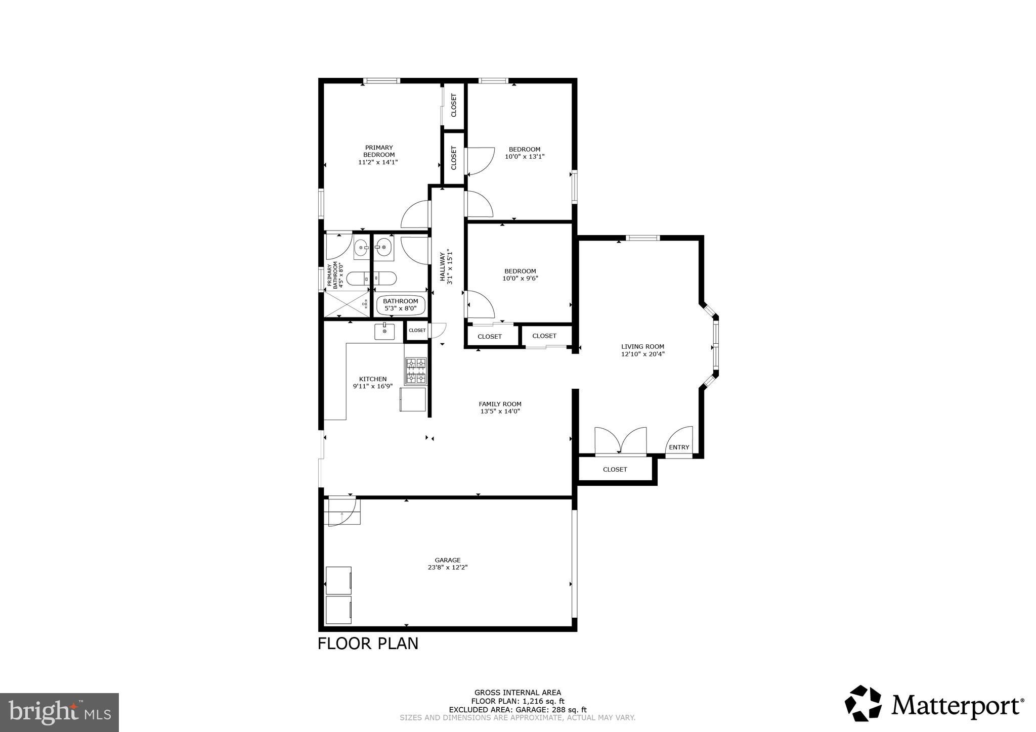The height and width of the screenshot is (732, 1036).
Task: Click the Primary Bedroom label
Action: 378,151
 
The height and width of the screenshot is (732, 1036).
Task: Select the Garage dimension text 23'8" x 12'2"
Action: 448,567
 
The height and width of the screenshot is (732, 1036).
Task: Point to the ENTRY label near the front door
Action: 679,447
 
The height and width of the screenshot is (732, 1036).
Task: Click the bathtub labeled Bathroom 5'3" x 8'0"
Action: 401,305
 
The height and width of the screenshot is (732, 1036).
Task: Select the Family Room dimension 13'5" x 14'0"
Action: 500,411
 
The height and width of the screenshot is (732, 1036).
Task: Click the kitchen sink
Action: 384,332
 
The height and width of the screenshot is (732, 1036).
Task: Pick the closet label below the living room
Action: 615,470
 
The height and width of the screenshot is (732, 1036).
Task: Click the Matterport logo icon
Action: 863,703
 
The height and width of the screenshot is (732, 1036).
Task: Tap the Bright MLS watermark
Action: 60,713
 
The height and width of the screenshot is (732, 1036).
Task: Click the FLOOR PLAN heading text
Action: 368,644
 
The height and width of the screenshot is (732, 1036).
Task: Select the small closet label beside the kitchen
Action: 417,331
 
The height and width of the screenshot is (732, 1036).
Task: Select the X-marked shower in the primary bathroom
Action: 347,304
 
